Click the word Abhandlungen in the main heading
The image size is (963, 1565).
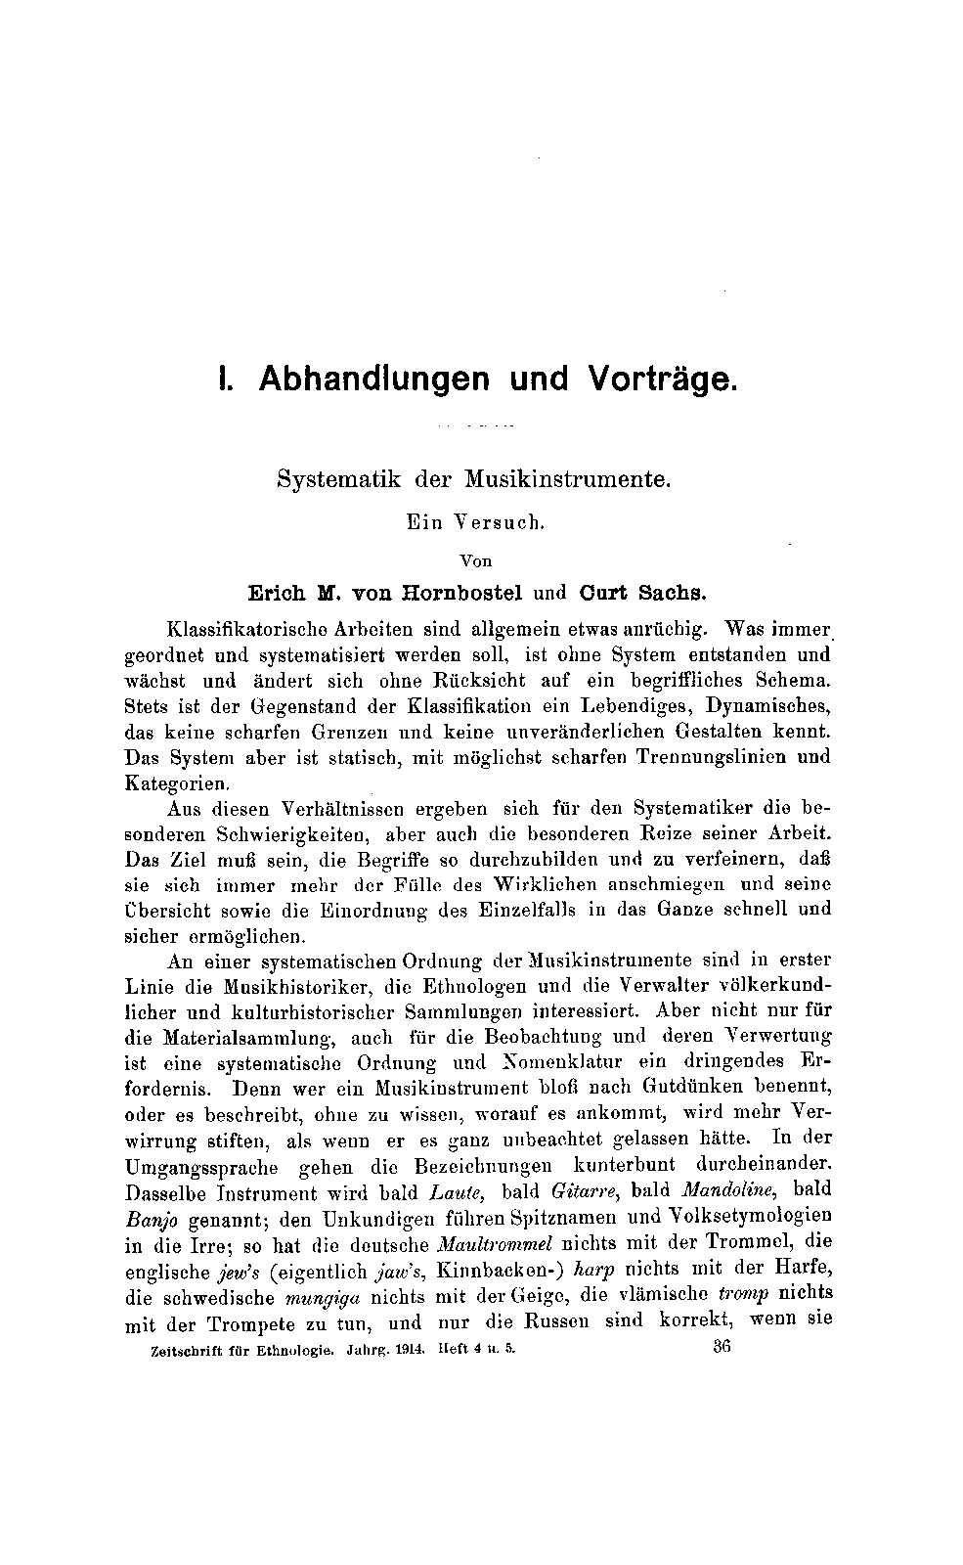click(373, 379)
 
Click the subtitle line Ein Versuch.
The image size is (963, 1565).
click(474, 521)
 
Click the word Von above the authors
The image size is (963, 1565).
click(475, 561)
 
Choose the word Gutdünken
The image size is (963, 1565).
click(691, 1087)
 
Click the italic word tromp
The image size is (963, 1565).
click(743, 1294)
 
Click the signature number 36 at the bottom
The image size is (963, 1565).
click(722, 1346)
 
